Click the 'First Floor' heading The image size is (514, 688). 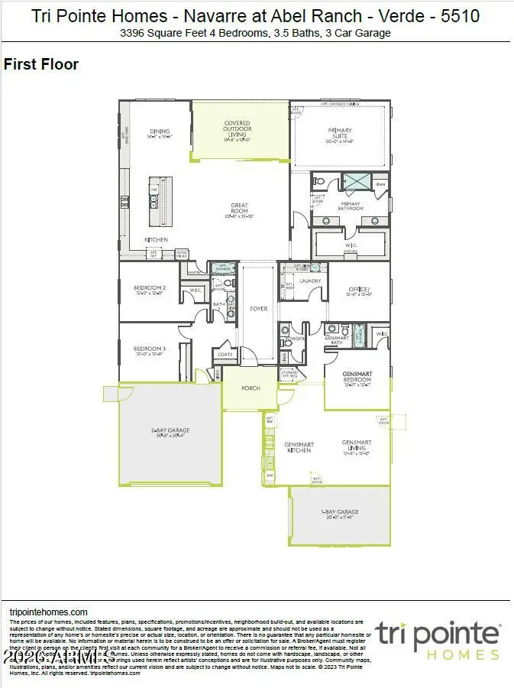coord(41,64)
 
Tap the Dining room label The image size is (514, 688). coord(159,131)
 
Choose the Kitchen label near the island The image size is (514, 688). coord(156,239)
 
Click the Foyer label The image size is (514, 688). coord(259,309)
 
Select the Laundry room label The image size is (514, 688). coord(310,281)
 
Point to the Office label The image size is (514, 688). coord(358,290)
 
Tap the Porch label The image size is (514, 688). coord(251,388)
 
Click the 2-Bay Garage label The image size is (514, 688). coord(170,431)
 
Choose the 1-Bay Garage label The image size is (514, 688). coord(340,512)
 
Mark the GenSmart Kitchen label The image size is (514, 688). coord(298,447)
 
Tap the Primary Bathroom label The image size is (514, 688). coord(351,206)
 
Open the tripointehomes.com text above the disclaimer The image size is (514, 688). coord(48,612)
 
